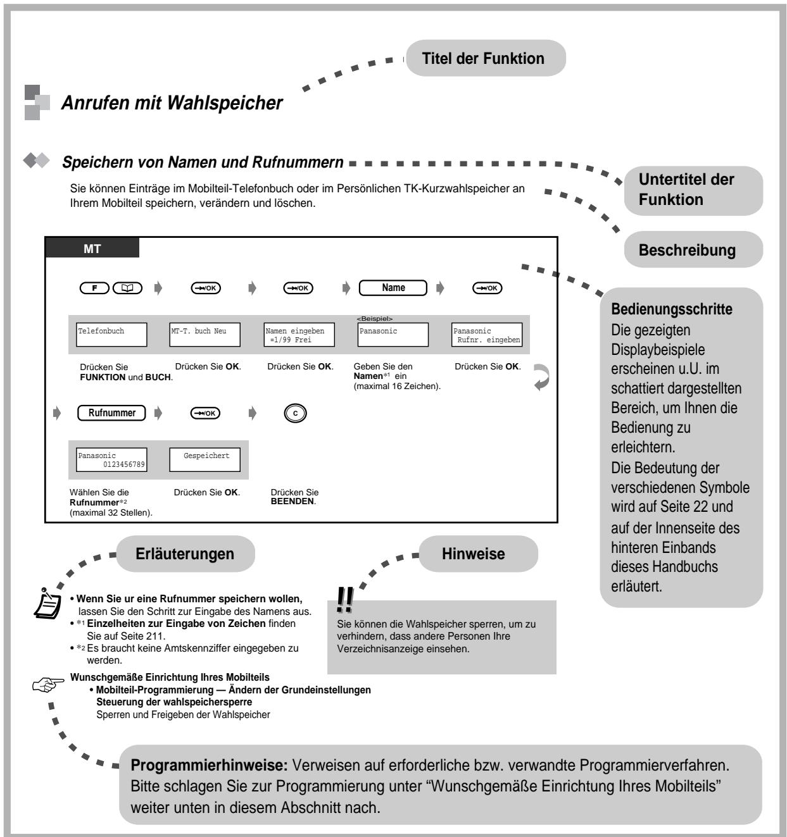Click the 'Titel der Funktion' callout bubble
point(484,59)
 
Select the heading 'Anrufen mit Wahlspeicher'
point(172,103)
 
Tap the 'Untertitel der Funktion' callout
point(693,189)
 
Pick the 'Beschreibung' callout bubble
point(693,250)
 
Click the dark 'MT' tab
point(92,249)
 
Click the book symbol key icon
point(127,288)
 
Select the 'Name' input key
point(393,288)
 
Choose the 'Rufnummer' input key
point(112,413)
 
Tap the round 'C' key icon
point(295,414)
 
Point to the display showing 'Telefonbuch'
point(112,335)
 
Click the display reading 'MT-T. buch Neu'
point(205,335)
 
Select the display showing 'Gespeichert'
point(205,460)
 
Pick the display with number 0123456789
point(112,460)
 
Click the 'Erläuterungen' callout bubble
point(185,554)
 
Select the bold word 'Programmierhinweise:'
point(209,765)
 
